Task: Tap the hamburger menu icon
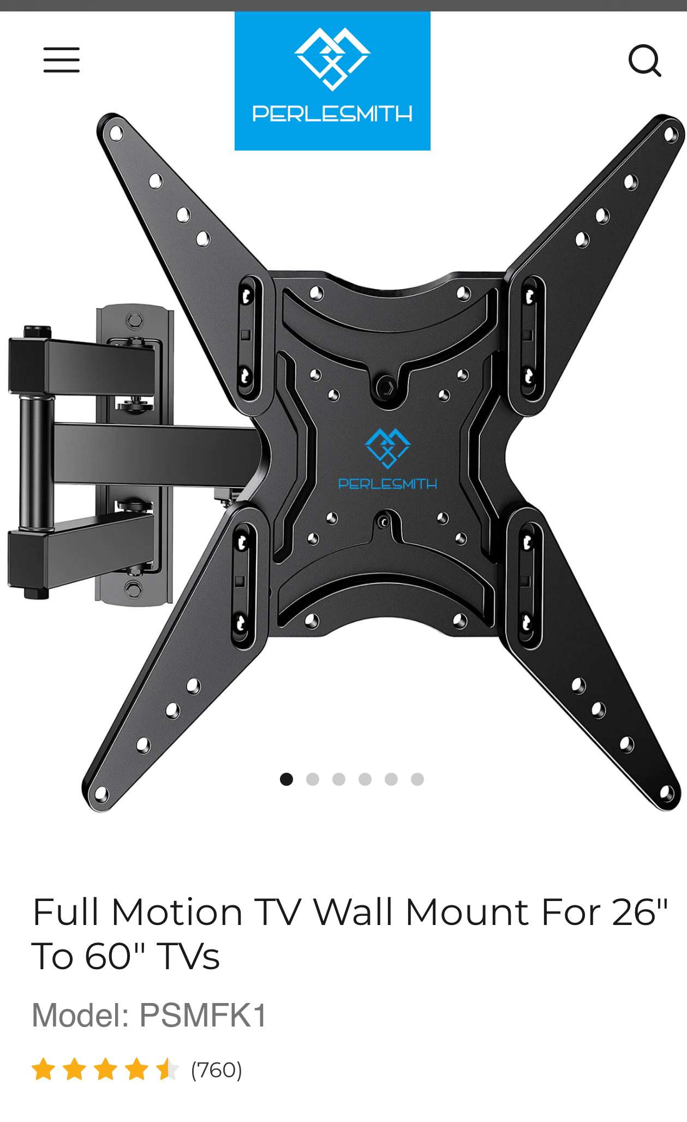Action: click(62, 59)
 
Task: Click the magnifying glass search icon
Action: click(644, 60)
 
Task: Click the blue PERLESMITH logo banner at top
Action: click(332, 81)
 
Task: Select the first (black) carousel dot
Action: click(286, 779)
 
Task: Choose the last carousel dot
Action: click(417, 779)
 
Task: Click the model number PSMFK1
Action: click(203, 1015)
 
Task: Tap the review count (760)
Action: click(216, 1070)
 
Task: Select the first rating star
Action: click(43, 1070)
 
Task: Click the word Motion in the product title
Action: click(177, 912)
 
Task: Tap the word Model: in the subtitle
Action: click(81, 1015)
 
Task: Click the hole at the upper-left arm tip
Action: click(116, 133)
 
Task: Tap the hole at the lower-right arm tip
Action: click(666, 792)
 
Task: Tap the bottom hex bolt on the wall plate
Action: click(133, 588)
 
